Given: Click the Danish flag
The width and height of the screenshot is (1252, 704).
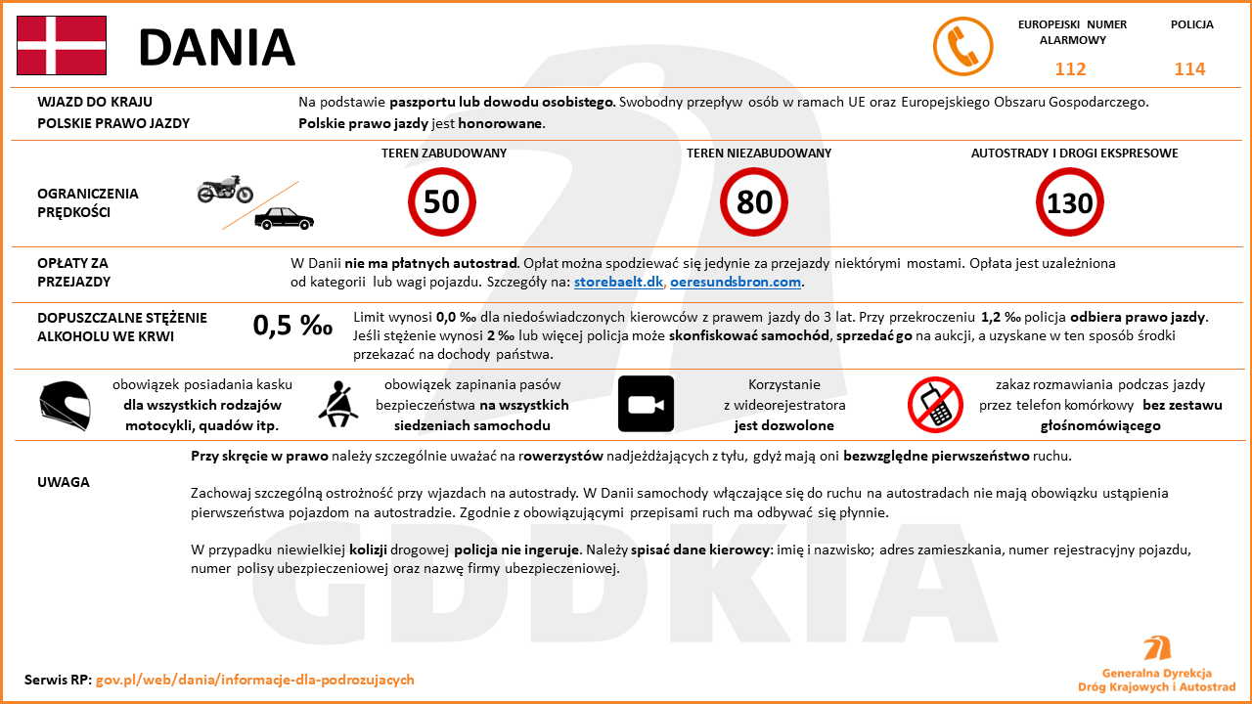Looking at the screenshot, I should click(62, 46).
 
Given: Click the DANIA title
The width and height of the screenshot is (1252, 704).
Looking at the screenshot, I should click(216, 47).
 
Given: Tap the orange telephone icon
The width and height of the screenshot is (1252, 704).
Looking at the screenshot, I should click(962, 46).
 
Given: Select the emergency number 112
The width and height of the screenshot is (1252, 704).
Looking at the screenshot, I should click(1070, 69).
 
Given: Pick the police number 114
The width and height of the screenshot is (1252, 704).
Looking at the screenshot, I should click(1189, 69).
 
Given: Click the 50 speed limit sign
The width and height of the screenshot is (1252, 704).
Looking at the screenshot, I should click(441, 201).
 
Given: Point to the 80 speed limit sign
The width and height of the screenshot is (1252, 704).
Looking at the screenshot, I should click(754, 201).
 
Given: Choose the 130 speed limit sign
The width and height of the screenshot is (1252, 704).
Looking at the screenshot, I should click(1069, 202).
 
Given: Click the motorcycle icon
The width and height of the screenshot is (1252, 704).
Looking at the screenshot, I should click(225, 189).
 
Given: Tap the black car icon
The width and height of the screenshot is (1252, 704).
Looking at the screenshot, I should click(284, 218).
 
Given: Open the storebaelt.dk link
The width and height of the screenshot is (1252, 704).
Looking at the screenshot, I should click(618, 283).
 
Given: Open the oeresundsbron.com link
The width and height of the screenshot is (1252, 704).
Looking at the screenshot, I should click(736, 283).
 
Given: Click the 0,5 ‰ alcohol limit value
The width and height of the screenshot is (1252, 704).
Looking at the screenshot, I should click(292, 326).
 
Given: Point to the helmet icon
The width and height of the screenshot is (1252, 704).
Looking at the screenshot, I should click(65, 405).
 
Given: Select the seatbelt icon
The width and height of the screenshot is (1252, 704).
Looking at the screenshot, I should click(338, 404).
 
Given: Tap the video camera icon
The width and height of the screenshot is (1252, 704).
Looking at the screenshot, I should click(646, 404).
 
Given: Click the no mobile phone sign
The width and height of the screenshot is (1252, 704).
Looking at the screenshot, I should click(936, 404).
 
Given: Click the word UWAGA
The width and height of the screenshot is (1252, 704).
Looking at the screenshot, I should click(64, 482).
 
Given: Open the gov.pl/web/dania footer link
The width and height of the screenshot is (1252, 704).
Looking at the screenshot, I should click(254, 680).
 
